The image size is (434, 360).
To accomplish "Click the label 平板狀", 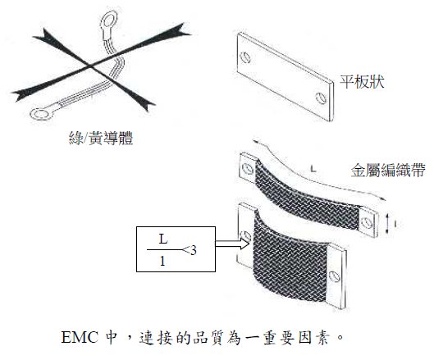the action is (x=363, y=82).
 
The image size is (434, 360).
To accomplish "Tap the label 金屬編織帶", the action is (x=388, y=171).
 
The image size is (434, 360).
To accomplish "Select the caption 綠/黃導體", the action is (x=101, y=138).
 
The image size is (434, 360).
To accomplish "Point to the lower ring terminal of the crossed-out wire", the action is (x=42, y=114).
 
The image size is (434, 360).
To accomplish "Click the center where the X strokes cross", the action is (x=89, y=66).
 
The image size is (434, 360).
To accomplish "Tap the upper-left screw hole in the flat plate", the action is (x=246, y=57).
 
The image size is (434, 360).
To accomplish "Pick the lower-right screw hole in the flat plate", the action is (x=321, y=98).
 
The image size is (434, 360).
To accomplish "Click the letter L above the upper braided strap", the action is (x=313, y=168).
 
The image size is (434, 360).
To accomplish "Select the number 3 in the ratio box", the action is (x=193, y=250).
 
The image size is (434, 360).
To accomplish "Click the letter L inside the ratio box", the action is (x=163, y=239).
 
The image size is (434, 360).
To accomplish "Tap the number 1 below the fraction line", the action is (x=162, y=262).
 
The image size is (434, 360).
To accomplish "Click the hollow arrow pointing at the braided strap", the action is (x=232, y=244).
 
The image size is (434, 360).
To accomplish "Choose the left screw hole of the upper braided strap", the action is (x=247, y=168).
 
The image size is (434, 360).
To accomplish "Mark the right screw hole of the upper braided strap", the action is (x=368, y=221).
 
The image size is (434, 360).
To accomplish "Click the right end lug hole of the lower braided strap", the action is (x=335, y=276).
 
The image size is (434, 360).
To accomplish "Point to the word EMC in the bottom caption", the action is (x=80, y=337).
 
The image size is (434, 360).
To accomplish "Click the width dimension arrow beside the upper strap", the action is (x=387, y=224).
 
